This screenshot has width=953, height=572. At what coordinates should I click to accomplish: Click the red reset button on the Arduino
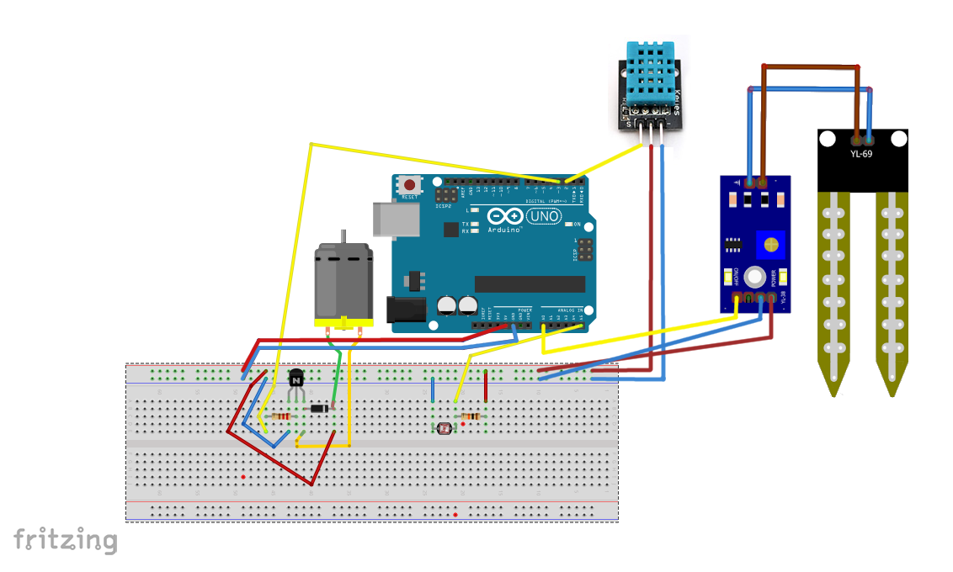tap(411, 184)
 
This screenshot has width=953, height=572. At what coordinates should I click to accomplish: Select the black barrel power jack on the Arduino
tap(402, 310)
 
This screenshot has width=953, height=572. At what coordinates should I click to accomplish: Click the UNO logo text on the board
tap(542, 217)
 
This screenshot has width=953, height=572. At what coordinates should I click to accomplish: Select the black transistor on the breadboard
tap(296, 379)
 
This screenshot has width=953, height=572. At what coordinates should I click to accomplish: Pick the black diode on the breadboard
tap(319, 409)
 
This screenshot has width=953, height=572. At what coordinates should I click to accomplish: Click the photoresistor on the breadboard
tap(444, 427)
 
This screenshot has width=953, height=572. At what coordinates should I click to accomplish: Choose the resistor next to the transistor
tap(281, 416)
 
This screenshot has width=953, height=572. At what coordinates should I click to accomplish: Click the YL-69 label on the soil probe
tap(862, 153)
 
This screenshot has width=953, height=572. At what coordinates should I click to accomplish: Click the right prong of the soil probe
tap(891, 286)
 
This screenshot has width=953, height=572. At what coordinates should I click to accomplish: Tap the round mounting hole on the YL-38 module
tap(755, 276)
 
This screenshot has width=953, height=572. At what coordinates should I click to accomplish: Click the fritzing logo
tap(65, 539)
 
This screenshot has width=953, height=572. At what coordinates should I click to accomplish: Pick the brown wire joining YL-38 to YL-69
tap(808, 66)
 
